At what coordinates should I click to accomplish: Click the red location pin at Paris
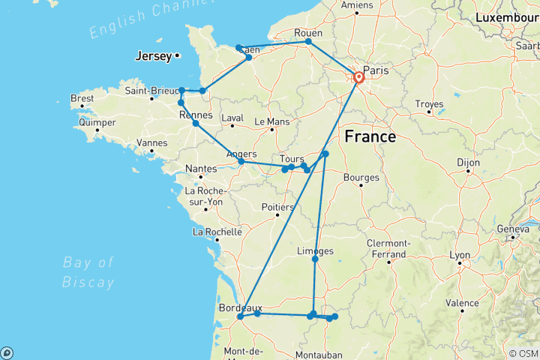click(358, 77)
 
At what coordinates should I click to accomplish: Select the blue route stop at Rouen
click(308, 41)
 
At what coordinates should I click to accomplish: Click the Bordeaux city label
click(240, 307)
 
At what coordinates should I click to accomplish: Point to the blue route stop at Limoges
click(315, 259)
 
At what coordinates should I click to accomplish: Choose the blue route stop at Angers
click(241, 162)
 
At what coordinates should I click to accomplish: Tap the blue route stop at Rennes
click(196, 123)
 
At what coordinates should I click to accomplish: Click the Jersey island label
click(153, 55)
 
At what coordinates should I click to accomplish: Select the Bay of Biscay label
click(88, 271)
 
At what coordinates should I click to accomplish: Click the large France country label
click(370, 137)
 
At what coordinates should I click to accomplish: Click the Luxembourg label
click(506, 16)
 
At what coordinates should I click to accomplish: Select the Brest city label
click(82, 98)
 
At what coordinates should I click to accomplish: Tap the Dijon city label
click(468, 160)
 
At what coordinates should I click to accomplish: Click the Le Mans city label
click(271, 121)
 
